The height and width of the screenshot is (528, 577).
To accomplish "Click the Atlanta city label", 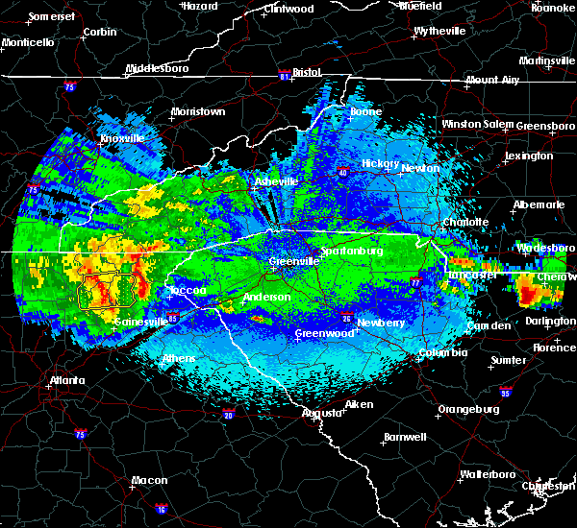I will point(69,381).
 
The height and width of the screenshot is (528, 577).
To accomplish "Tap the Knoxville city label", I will point(122,138).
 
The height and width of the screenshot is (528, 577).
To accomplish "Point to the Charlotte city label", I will point(465,223).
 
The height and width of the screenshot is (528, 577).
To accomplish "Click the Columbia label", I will point(442,353).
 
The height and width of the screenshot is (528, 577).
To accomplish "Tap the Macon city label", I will point(149,480).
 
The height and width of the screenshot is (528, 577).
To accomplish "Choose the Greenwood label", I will point(325,333).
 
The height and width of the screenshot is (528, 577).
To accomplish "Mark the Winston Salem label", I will point(478,125).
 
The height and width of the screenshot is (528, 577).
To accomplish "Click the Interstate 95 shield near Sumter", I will point(506,392).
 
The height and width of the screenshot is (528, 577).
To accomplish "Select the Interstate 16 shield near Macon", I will point(160,509).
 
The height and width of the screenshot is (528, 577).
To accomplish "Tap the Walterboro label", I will point(488,474).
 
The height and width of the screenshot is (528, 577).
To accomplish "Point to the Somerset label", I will point(52,16).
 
